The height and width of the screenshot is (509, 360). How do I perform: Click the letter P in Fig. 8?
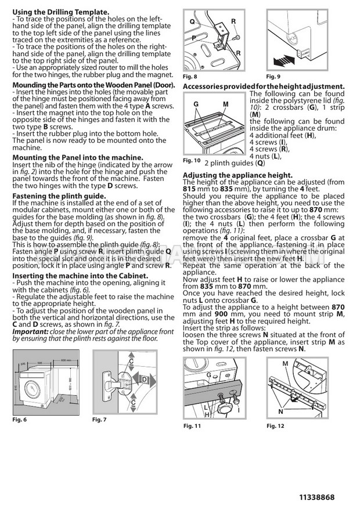[x=195, y=37]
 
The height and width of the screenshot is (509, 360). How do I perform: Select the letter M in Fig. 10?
[x=225, y=104]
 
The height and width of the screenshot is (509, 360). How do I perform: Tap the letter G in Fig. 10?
[x=196, y=104]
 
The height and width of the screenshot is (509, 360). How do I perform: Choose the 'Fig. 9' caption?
[x=274, y=77]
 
